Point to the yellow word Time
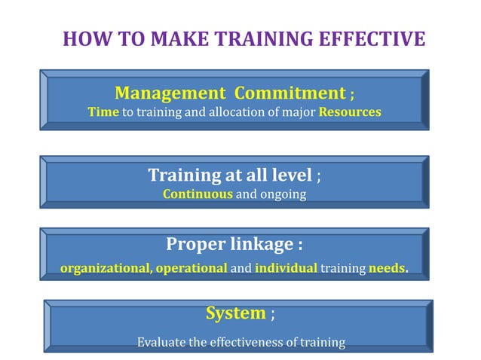[103, 112]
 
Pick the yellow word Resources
[350, 112]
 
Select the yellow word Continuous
[198, 194]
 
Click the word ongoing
[284, 194]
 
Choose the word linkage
[265, 245]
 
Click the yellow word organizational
[105, 267]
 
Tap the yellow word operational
[191, 267]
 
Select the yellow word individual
[286, 267]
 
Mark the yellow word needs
[387, 267]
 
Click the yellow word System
[236, 313]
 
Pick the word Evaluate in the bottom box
[161, 343]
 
